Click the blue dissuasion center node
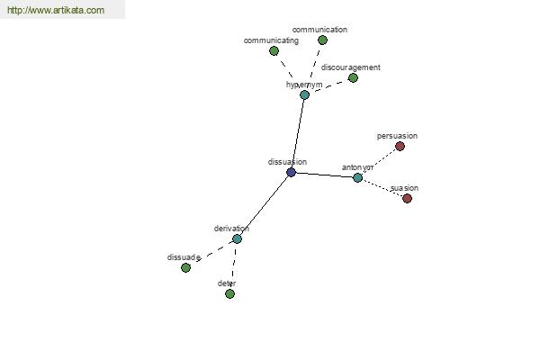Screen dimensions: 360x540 click(291, 172)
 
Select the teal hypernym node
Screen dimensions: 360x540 click(304, 94)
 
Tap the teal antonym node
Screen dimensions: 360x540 click(357, 177)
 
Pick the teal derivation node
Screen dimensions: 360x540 click(237, 238)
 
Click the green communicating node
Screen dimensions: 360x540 click(274, 51)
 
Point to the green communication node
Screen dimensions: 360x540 click(323, 40)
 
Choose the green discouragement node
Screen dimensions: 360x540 click(353, 78)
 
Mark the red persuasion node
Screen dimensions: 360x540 click(400, 147)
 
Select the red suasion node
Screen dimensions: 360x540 click(407, 198)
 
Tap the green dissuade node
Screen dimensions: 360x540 click(186, 267)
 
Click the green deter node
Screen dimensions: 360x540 click(229, 293)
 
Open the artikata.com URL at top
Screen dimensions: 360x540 click(56, 11)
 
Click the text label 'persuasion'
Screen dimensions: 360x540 click(397, 136)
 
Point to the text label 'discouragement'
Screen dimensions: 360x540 click(351, 67)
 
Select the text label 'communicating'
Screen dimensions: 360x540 click(271, 40)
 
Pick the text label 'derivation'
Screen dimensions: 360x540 click(231, 229)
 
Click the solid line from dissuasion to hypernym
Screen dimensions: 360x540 click(298, 133)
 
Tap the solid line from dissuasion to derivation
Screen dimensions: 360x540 click(264, 205)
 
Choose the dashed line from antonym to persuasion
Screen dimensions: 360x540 click(379, 162)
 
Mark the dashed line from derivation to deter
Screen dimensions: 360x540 click(233, 265)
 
